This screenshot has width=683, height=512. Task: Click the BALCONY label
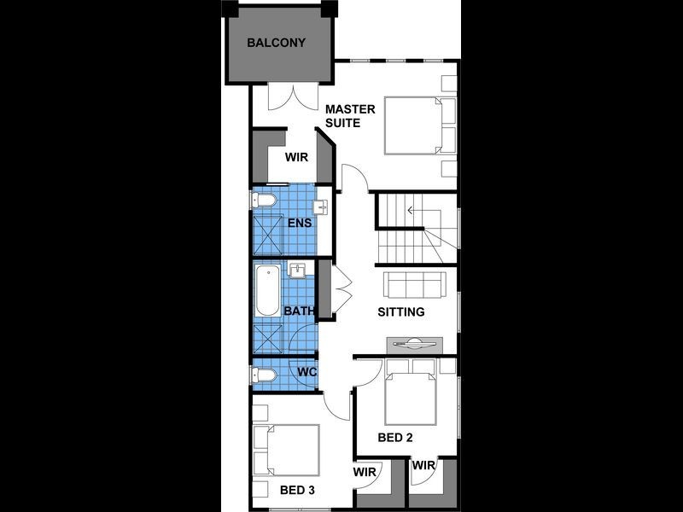(276, 43)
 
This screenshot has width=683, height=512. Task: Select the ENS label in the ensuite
(298, 224)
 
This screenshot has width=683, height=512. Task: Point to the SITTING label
(400, 312)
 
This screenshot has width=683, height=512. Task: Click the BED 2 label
(395, 438)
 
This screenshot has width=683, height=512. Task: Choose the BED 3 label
(298, 491)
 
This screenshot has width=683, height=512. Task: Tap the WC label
(307, 372)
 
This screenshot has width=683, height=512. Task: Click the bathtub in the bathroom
(266, 293)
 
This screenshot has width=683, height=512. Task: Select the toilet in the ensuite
(264, 201)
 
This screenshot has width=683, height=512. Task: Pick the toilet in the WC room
(265, 374)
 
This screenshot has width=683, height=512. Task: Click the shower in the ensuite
(269, 232)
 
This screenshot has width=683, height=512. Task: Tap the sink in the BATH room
(298, 271)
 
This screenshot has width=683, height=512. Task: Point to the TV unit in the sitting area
(415, 343)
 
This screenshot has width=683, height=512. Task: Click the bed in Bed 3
(287, 450)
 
